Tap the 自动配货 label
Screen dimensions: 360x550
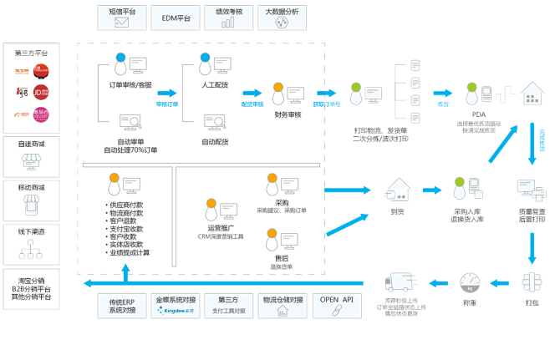click(215, 142)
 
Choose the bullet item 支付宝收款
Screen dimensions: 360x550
click(125, 229)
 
